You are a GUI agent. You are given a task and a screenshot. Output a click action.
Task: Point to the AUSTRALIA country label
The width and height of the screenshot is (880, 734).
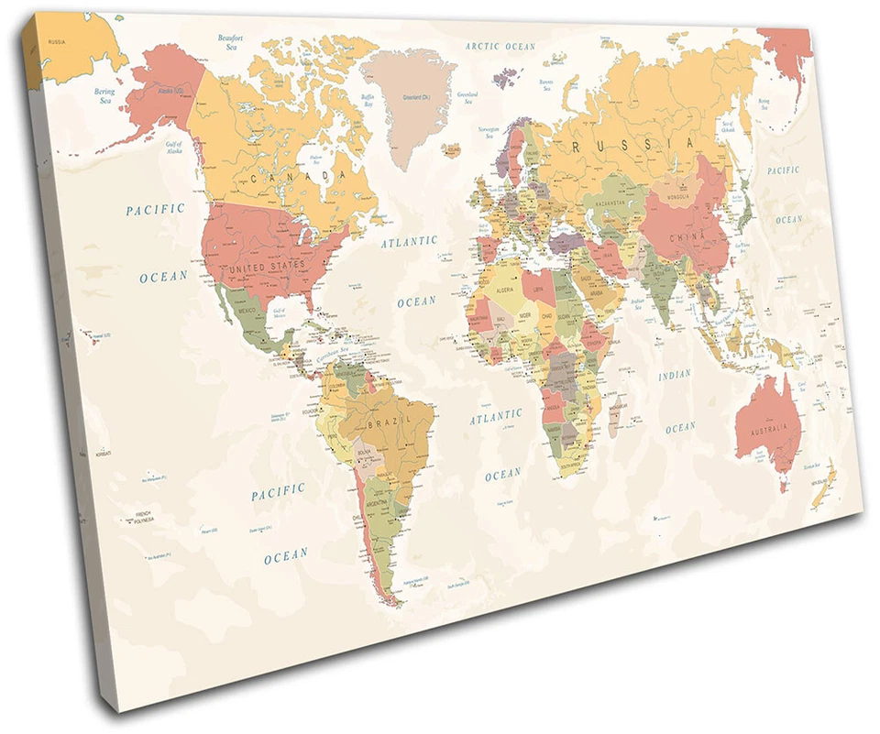coord(767,430)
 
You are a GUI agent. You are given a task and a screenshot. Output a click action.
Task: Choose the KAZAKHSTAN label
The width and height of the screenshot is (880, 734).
coord(610,202)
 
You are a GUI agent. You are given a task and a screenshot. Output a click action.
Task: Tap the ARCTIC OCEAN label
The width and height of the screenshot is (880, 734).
coord(500,46)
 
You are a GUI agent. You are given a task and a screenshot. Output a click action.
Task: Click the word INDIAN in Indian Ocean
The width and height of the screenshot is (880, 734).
coord(675,375)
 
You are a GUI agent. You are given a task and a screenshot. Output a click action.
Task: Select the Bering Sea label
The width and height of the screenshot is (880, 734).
coord(104,95)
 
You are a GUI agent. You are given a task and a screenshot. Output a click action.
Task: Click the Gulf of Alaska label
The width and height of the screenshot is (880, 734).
coord(174,146)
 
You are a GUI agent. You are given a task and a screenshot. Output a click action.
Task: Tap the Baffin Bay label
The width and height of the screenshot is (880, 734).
coord(368,100)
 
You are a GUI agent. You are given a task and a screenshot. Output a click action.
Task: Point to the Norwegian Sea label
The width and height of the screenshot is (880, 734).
coord(489,133)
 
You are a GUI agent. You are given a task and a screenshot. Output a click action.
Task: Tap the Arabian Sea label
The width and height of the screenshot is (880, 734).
coord(639,303)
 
